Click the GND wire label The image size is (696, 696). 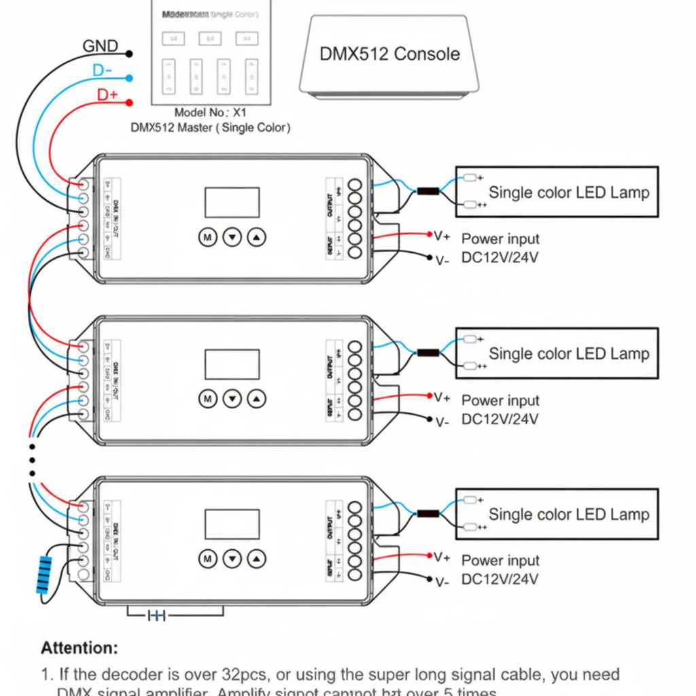pyautogui.click(x=100, y=46)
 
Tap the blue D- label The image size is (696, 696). pyautogui.click(x=102, y=71)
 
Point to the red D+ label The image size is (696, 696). pyautogui.click(x=107, y=94)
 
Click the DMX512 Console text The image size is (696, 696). pyautogui.click(x=389, y=54)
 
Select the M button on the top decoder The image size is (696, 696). pyautogui.click(x=207, y=237)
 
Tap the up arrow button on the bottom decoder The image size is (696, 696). pyautogui.click(x=257, y=559)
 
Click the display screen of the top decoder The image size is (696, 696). pyautogui.click(x=232, y=203)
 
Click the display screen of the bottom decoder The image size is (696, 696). pyautogui.click(x=232, y=524)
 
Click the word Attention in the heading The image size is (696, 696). pyautogui.click(x=80, y=647)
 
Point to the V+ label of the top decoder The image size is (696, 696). pyautogui.click(x=442, y=236)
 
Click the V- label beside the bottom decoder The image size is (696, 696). pyautogui.click(x=442, y=582)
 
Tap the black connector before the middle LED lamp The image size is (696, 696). pyautogui.click(x=428, y=353)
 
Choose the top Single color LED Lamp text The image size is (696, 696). pyautogui.click(x=569, y=192)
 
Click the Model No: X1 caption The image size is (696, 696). pyautogui.click(x=209, y=113)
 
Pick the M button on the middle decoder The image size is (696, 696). pyautogui.click(x=207, y=398)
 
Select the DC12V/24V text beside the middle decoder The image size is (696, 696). pyautogui.click(x=500, y=419)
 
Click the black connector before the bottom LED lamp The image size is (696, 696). pyautogui.click(x=428, y=514)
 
